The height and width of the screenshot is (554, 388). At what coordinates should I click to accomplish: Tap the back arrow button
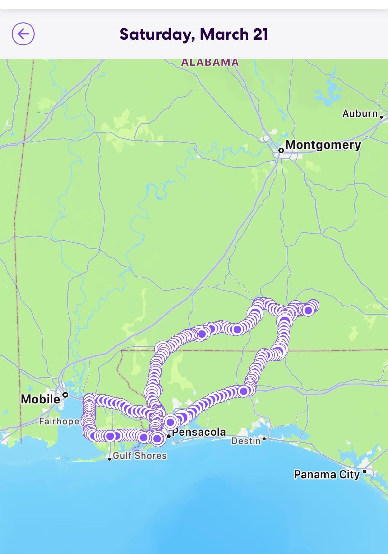tap(23, 34)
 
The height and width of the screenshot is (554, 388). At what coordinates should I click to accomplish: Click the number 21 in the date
tap(260, 34)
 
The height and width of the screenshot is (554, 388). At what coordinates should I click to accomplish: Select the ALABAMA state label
tap(210, 62)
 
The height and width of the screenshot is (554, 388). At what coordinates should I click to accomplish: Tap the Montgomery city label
tap(323, 145)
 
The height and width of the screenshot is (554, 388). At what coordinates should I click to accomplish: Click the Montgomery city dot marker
tap(281, 151)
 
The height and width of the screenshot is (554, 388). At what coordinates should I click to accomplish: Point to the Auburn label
tap(360, 113)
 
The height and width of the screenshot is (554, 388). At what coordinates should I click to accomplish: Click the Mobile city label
tap(41, 399)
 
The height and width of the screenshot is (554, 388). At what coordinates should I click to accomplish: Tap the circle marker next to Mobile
tap(65, 394)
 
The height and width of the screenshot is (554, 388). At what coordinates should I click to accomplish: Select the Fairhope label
tap(59, 421)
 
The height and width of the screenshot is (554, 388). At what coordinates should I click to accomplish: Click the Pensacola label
tap(199, 432)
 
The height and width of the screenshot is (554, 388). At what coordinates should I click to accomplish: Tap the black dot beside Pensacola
tap(169, 437)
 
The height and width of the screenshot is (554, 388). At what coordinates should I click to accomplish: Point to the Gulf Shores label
tap(140, 456)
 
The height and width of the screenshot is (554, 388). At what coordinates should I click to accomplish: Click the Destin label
tap(246, 441)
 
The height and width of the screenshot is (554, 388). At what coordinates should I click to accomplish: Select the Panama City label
tap(327, 474)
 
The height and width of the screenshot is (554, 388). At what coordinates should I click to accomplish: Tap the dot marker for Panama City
tap(364, 471)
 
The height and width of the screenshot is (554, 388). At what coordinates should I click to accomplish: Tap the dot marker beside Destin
tap(264, 439)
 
